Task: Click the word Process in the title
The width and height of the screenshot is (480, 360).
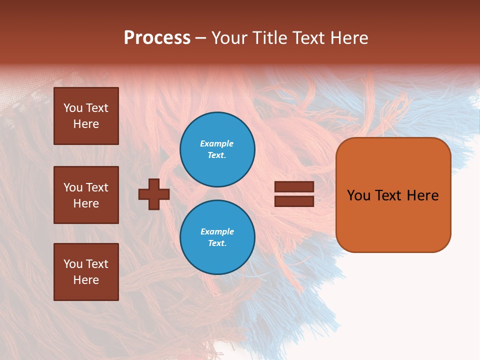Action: pos(157,38)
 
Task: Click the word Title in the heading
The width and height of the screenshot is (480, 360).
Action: pos(268,38)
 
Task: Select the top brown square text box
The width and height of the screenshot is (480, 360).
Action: pos(86,116)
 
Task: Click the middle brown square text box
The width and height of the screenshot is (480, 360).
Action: pos(86,195)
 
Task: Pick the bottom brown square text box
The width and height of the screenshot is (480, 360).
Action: pos(86,272)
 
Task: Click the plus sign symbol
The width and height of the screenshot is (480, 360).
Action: pos(154,194)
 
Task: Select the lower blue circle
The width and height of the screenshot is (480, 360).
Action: pos(217,237)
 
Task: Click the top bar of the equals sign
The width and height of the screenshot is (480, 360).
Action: pos(294,186)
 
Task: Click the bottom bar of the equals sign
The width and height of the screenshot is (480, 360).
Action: pos(294,201)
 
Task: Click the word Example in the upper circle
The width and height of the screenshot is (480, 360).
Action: pos(217,143)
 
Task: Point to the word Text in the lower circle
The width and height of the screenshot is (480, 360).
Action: pos(216,243)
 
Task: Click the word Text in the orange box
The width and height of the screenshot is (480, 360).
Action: pos(388,195)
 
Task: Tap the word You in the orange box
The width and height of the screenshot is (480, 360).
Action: pos(358,195)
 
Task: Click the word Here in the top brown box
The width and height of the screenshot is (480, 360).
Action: pos(86,124)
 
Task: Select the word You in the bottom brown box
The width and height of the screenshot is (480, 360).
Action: pos(73,264)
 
